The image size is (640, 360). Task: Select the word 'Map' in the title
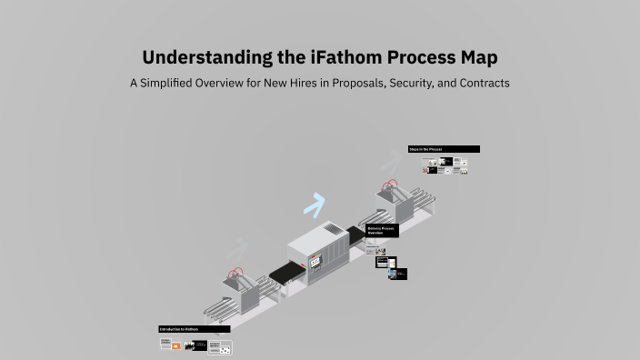(x=477, y=57)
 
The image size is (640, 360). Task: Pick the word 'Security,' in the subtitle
(x=420, y=83)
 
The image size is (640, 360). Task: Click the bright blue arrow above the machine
(x=315, y=205)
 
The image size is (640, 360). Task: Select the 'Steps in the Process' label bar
(x=444, y=149)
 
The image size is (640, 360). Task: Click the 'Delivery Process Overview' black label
(x=382, y=231)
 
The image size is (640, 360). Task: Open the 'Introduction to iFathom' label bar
(x=194, y=329)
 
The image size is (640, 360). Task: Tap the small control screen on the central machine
(x=316, y=262)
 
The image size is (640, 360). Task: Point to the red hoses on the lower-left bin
(x=238, y=272)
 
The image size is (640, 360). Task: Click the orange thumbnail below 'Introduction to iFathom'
(x=177, y=346)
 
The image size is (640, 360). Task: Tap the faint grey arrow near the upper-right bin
(x=390, y=161)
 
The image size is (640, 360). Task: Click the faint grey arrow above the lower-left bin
(x=237, y=245)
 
